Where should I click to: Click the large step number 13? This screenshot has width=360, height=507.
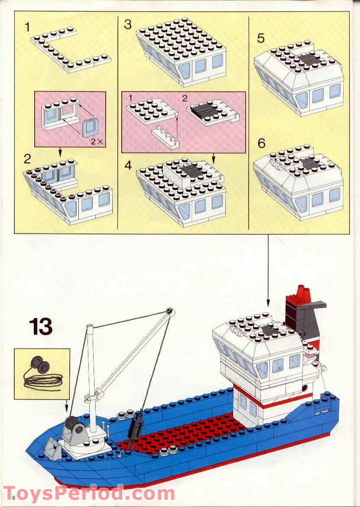(41, 326)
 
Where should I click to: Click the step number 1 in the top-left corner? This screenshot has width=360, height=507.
(28, 27)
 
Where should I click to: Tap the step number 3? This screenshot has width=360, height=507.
(127, 24)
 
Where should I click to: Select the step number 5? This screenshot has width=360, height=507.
(261, 38)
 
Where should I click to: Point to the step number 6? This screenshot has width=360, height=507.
(261, 143)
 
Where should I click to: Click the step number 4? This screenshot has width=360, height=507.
(127, 165)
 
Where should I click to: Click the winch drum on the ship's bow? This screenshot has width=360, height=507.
(73, 426)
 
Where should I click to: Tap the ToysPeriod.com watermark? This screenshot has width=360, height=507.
(89, 494)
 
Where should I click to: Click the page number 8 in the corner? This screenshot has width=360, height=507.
(14, 497)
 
